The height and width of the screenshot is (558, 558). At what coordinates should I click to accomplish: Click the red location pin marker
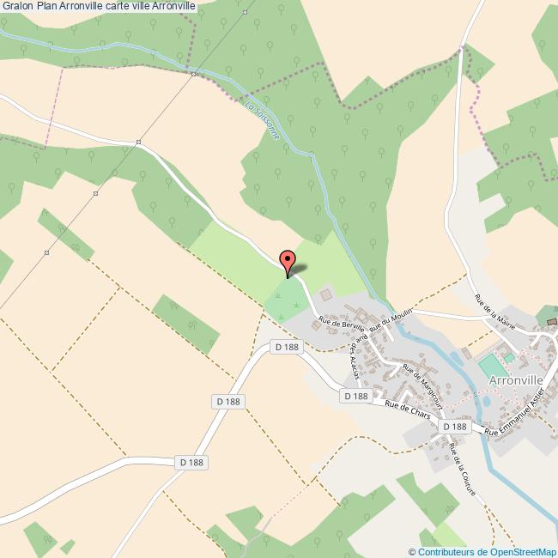click(x=288, y=259)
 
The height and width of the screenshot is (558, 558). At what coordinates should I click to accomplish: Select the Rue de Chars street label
click(x=407, y=409)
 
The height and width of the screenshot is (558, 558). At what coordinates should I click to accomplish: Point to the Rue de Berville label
click(x=342, y=324)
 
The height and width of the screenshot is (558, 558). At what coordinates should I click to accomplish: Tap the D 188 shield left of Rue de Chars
click(x=355, y=396)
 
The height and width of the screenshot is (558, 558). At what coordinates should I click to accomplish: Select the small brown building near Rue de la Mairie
click(x=552, y=322)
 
